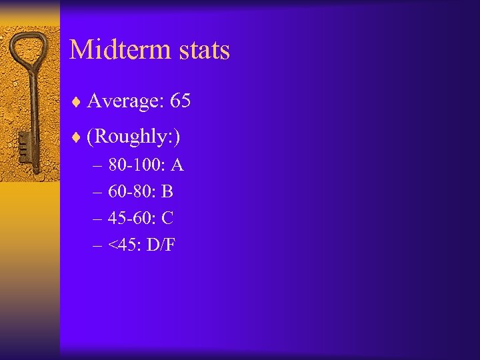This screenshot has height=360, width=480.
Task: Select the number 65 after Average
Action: (x=181, y=101)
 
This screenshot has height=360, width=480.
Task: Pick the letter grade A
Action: (x=177, y=165)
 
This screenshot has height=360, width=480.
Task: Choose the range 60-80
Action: (x=129, y=192)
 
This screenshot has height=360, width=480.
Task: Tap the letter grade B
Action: (x=167, y=192)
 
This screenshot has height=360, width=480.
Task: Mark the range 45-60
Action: (x=129, y=218)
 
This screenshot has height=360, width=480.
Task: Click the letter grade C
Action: (x=168, y=218)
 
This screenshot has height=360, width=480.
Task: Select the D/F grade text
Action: (x=161, y=245)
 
